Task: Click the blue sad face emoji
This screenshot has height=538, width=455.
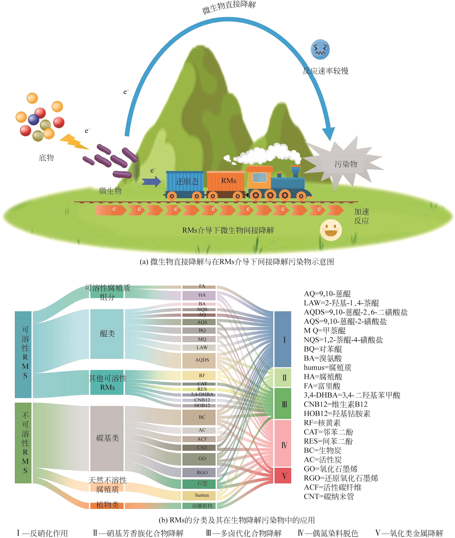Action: pyautogui.click(x=320, y=49)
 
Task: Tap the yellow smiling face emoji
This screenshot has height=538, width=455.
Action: pyautogui.click(x=331, y=230)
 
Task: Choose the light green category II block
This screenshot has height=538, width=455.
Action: pyautogui.click(x=282, y=378)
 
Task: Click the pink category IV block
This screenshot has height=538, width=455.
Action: pyautogui.click(x=282, y=445)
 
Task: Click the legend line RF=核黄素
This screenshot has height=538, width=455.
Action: pyautogui.click(x=322, y=423)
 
